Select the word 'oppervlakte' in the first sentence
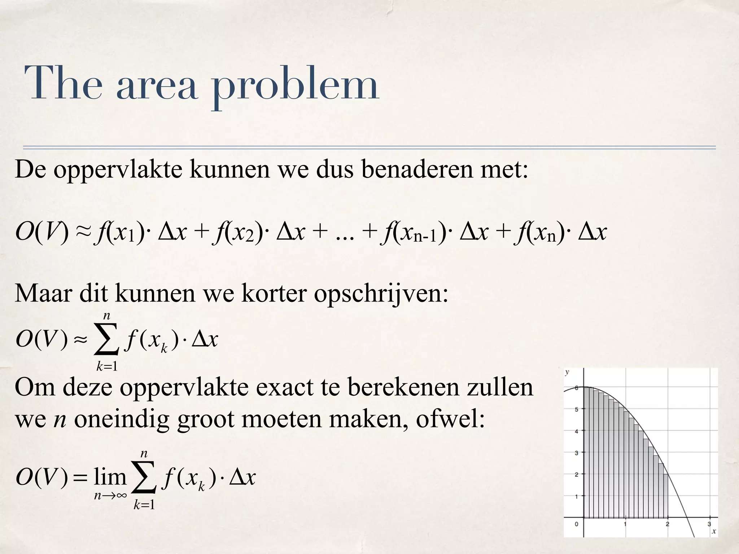click(x=118, y=170)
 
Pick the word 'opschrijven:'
click(x=381, y=294)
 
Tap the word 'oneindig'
click(x=122, y=420)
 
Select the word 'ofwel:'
click(x=450, y=419)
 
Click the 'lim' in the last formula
click(x=110, y=477)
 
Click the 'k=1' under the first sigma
click(x=107, y=366)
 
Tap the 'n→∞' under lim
click(x=110, y=496)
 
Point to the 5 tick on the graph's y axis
click(x=577, y=409)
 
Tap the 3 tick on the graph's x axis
click(x=709, y=524)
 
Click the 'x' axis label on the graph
click(x=713, y=531)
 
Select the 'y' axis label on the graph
click(x=567, y=372)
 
